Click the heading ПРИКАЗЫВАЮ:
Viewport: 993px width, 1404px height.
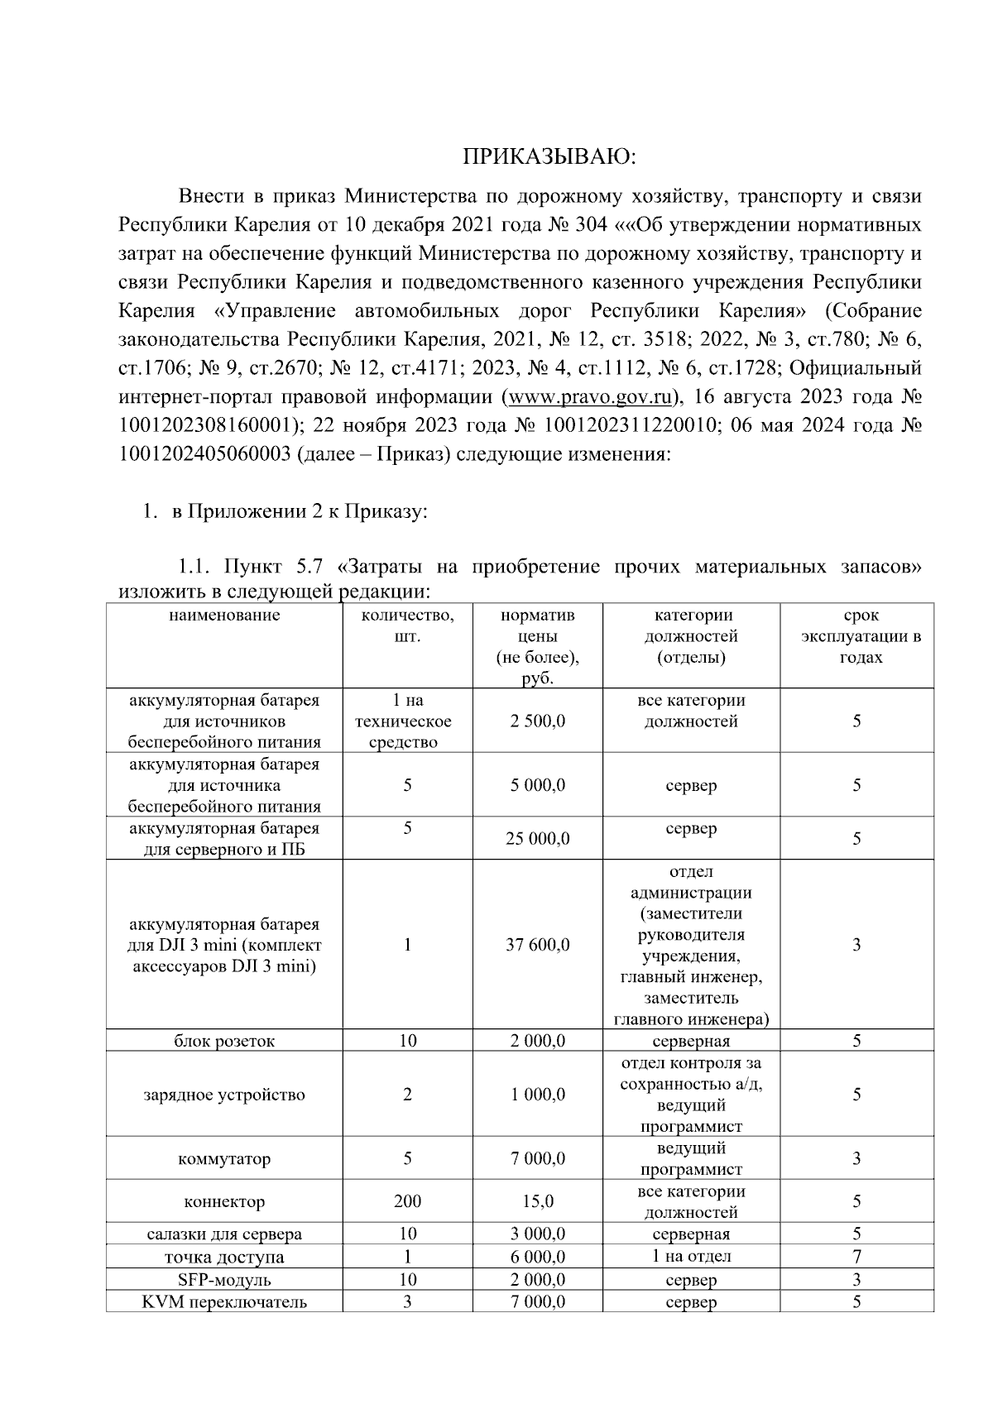click(549, 156)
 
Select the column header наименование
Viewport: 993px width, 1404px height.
click(224, 615)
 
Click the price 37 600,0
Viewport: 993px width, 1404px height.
click(537, 945)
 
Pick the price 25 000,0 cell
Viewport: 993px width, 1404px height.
click(537, 839)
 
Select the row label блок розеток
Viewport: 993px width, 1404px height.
click(224, 1041)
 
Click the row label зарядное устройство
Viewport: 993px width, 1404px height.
click(224, 1095)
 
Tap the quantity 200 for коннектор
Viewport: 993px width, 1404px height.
click(407, 1201)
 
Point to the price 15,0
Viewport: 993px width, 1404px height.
click(537, 1201)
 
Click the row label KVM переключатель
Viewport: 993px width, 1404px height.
click(224, 1302)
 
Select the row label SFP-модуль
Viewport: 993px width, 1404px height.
click(224, 1280)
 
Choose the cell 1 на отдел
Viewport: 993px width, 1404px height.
click(691, 1257)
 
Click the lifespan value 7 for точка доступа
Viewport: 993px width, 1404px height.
click(856, 1257)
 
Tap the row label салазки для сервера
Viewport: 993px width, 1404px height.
click(224, 1234)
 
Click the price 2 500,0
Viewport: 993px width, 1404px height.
click(537, 721)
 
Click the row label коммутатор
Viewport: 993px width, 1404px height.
click(224, 1159)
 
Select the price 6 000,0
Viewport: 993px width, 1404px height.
click(537, 1257)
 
